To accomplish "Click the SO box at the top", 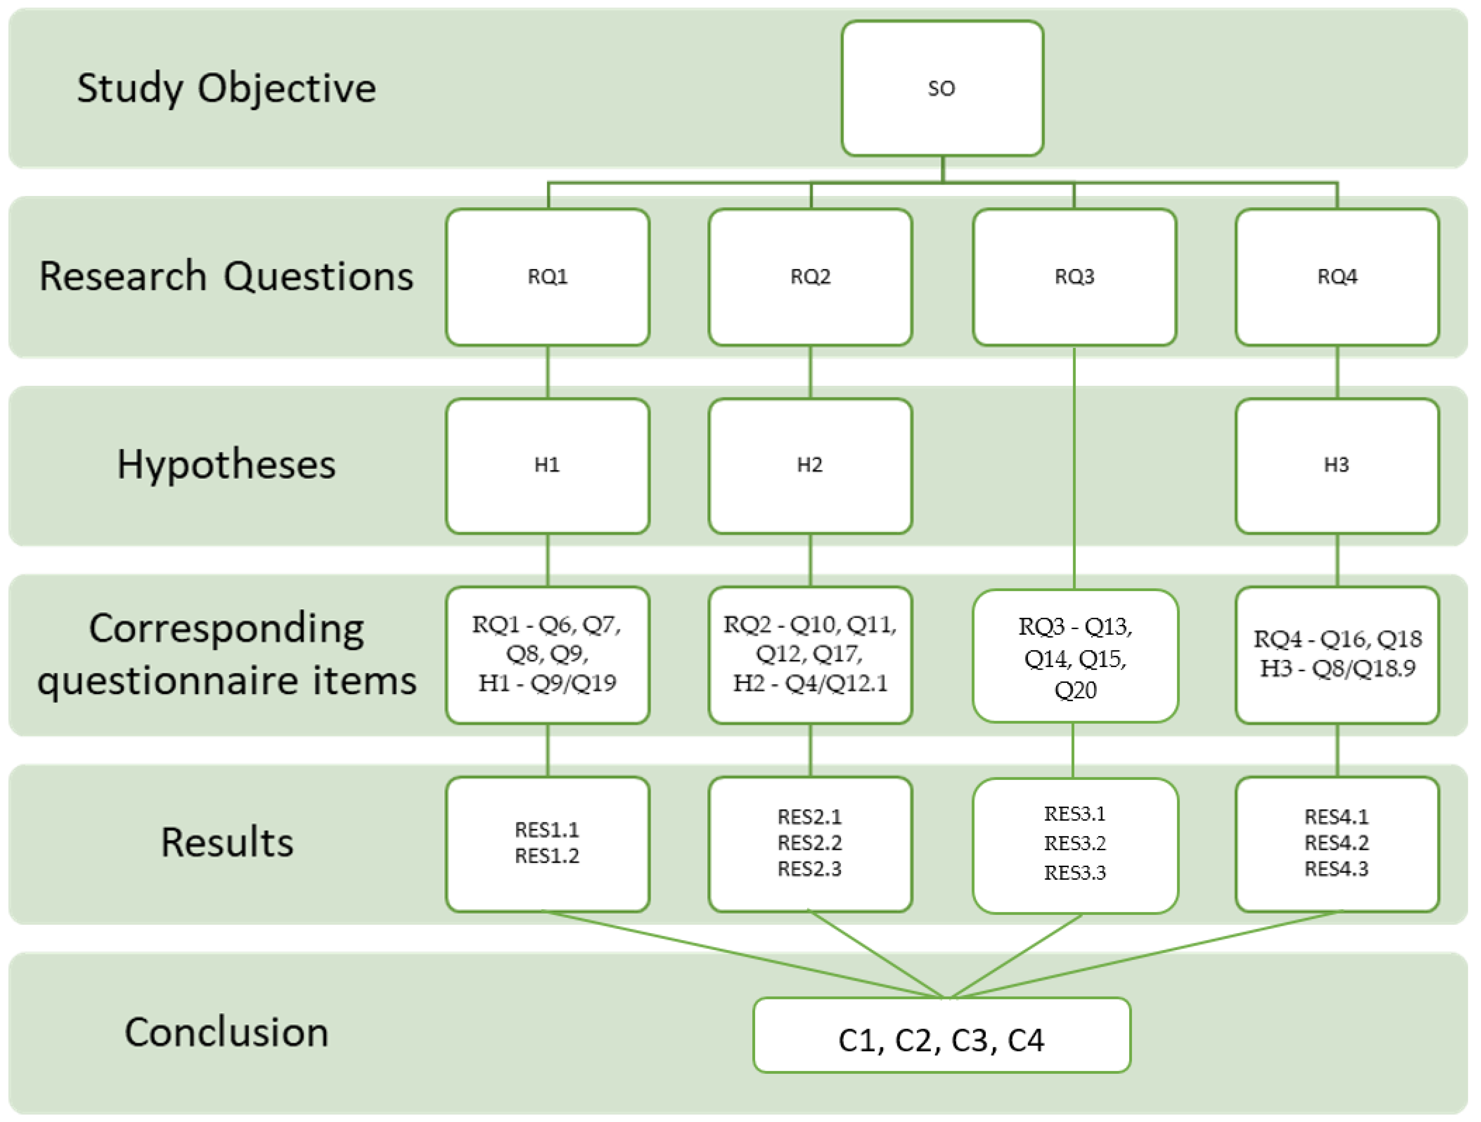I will pos(942,89).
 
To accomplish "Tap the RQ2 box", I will pos(810,277).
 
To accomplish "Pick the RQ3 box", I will pos(1074,277).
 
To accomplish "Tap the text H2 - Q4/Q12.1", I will pos(810,683).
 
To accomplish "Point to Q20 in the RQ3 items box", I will pos(1074,690).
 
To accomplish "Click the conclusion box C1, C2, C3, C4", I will pos(942,1040).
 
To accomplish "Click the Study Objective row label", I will pos(226,89).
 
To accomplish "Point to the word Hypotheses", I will pos(226,465).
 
